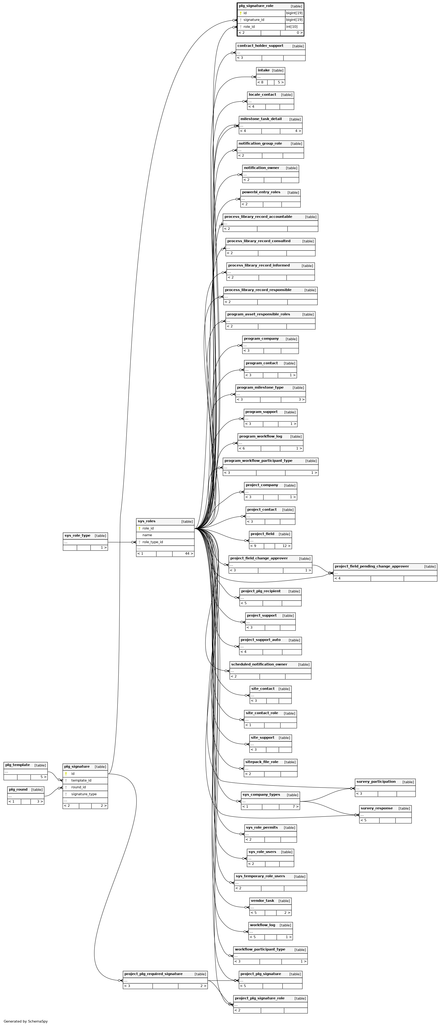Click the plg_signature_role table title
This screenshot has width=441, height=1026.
tap(256, 6)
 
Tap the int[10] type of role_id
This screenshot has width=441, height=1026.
tap(292, 27)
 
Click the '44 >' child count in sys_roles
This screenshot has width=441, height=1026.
tap(189, 554)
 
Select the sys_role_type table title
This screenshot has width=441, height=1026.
tap(77, 536)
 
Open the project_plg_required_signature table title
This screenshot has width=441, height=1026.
tap(153, 974)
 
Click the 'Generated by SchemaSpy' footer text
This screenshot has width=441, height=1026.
tap(25, 1021)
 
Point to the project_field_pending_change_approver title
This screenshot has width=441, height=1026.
tap(372, 566)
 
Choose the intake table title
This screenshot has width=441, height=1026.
tap(264, 70)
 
